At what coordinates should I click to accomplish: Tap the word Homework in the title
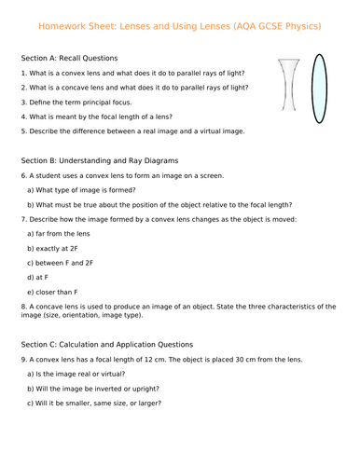pos(63,25)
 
